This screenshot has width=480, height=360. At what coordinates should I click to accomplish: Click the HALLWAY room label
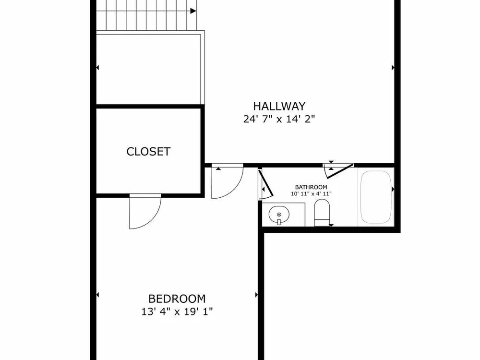tap(279, 106)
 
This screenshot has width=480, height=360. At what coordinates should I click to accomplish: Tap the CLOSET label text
tap(148, 152)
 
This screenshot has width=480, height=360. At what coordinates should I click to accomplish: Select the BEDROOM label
tap(177, 299)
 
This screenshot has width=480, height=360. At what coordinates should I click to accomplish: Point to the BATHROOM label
tap(311, 187)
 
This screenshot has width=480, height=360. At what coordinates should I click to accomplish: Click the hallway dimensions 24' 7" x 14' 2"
tap(279, 119)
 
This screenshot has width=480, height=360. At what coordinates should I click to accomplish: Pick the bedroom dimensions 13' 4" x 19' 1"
tap(177, 312)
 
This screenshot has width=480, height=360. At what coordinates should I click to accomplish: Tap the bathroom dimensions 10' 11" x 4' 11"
tap(311, 194)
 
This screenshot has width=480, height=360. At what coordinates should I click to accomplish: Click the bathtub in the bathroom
tap(376, 197)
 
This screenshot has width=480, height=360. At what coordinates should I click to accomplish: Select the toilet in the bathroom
tap(322, 213)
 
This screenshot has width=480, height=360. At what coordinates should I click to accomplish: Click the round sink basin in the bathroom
tap(279, 215)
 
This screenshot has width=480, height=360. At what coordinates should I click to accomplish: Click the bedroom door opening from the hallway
tap(227, 181)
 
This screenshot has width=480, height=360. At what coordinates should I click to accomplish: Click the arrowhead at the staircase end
tap(193, 11)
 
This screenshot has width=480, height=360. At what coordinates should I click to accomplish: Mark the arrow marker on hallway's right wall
tap(393, 68)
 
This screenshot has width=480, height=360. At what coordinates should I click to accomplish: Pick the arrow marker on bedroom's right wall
tap(256, 295)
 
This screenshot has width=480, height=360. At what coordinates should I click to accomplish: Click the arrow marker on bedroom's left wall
tap(97, 295)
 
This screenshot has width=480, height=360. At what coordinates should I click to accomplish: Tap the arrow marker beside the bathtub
tap(393, 190)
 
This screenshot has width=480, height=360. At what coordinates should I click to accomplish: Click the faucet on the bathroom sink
tap(279, 221)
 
